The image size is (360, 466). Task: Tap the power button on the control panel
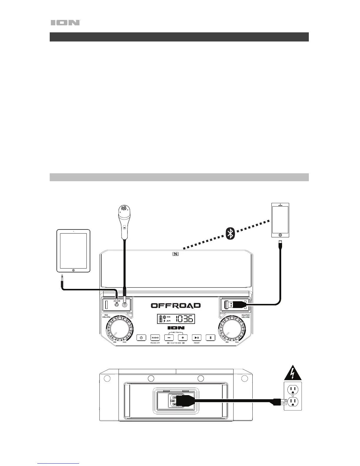(x=141, y=338)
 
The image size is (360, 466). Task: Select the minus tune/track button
(x=169, y=338)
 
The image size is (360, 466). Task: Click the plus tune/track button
(x=183, y=338)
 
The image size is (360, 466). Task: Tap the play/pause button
(x=197, y=338)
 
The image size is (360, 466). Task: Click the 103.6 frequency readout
(x=184, y=319)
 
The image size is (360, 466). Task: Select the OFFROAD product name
(x=176, y=305)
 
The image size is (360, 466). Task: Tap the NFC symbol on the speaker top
(x=176, y=254)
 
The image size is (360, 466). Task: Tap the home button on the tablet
(x=73, y=270)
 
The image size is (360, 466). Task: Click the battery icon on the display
(x=161, y=319)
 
